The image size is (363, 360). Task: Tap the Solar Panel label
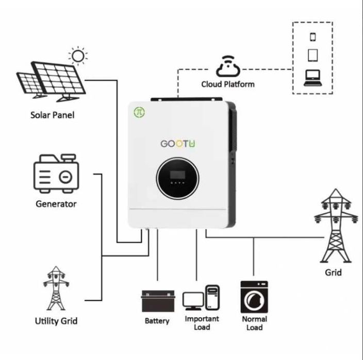[x=52, y=114]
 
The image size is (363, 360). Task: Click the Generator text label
[x=56, y=204]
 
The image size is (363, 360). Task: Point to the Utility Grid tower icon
[x=56, y=288]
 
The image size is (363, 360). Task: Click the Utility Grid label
[x=56, y=321]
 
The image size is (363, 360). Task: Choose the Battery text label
[x=157, y=321]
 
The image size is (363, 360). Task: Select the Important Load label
[x=202, y=323]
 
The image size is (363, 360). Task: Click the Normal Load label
[x=254, y=323]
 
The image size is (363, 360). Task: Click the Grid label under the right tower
[x=333, y=272]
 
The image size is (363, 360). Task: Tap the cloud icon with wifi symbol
[x=227, y=66]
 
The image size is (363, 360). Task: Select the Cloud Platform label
[x=227, y=83]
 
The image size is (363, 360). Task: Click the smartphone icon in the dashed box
[x=312, y=37]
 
